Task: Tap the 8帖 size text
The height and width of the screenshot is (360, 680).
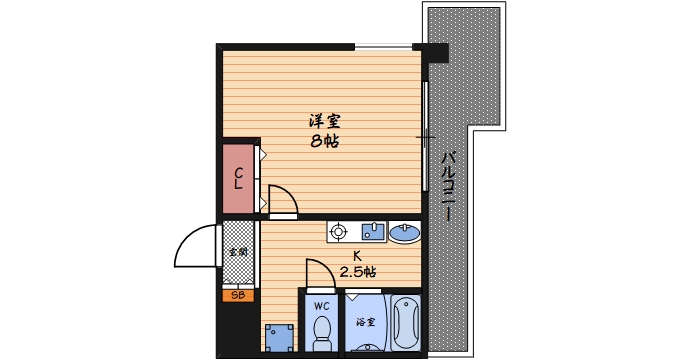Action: tap(323, 141)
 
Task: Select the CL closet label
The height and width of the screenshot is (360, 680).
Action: tap(238, 179)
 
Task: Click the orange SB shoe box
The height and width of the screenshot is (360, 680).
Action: tap(238, 295)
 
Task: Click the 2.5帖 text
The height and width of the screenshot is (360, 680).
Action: tap(357, 272)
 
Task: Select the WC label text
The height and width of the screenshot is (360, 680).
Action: tap(322, 305)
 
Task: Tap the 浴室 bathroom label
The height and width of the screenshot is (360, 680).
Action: tap(365, 322)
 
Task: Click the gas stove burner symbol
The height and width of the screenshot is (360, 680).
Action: tap(335, 232)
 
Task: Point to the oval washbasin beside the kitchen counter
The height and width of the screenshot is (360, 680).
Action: tap(406, 234)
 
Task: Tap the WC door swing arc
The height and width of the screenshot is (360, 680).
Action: tap(317, 272)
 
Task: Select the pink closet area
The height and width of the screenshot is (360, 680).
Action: tap(238, 180)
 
